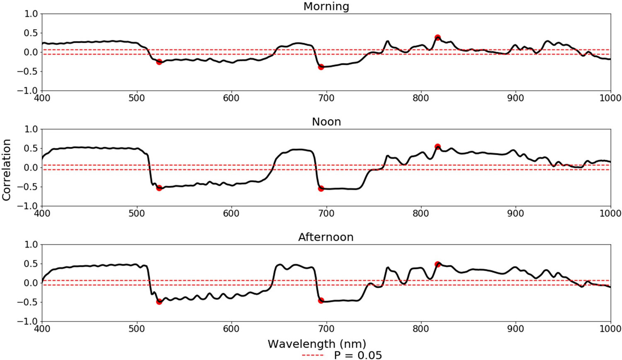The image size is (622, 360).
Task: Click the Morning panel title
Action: point(326,7)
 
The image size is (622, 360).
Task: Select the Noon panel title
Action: point(326,122)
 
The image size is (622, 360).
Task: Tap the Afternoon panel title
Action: point(326,237)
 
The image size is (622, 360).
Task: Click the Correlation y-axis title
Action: point(6,170)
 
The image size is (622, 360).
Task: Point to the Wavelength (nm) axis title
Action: point(317,344)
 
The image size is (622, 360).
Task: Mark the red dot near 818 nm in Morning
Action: point(437,38)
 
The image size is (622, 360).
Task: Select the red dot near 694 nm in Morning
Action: point(321,67)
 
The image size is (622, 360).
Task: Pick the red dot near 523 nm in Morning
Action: point(159,62)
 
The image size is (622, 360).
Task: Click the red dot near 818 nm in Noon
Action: point(437,147)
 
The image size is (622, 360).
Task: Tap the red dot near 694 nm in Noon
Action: point(321,189)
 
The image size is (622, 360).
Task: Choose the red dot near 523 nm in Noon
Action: point(159,188)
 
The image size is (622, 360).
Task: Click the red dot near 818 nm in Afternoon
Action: point(437,264)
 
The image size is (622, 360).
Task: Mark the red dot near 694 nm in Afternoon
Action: point(321,301)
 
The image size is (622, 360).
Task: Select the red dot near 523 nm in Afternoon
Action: point(159,302)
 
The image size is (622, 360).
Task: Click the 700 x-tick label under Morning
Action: point(326,98)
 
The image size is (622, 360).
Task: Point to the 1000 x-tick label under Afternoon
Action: point(610,329)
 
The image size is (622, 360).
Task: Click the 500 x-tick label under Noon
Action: point(136,214)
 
